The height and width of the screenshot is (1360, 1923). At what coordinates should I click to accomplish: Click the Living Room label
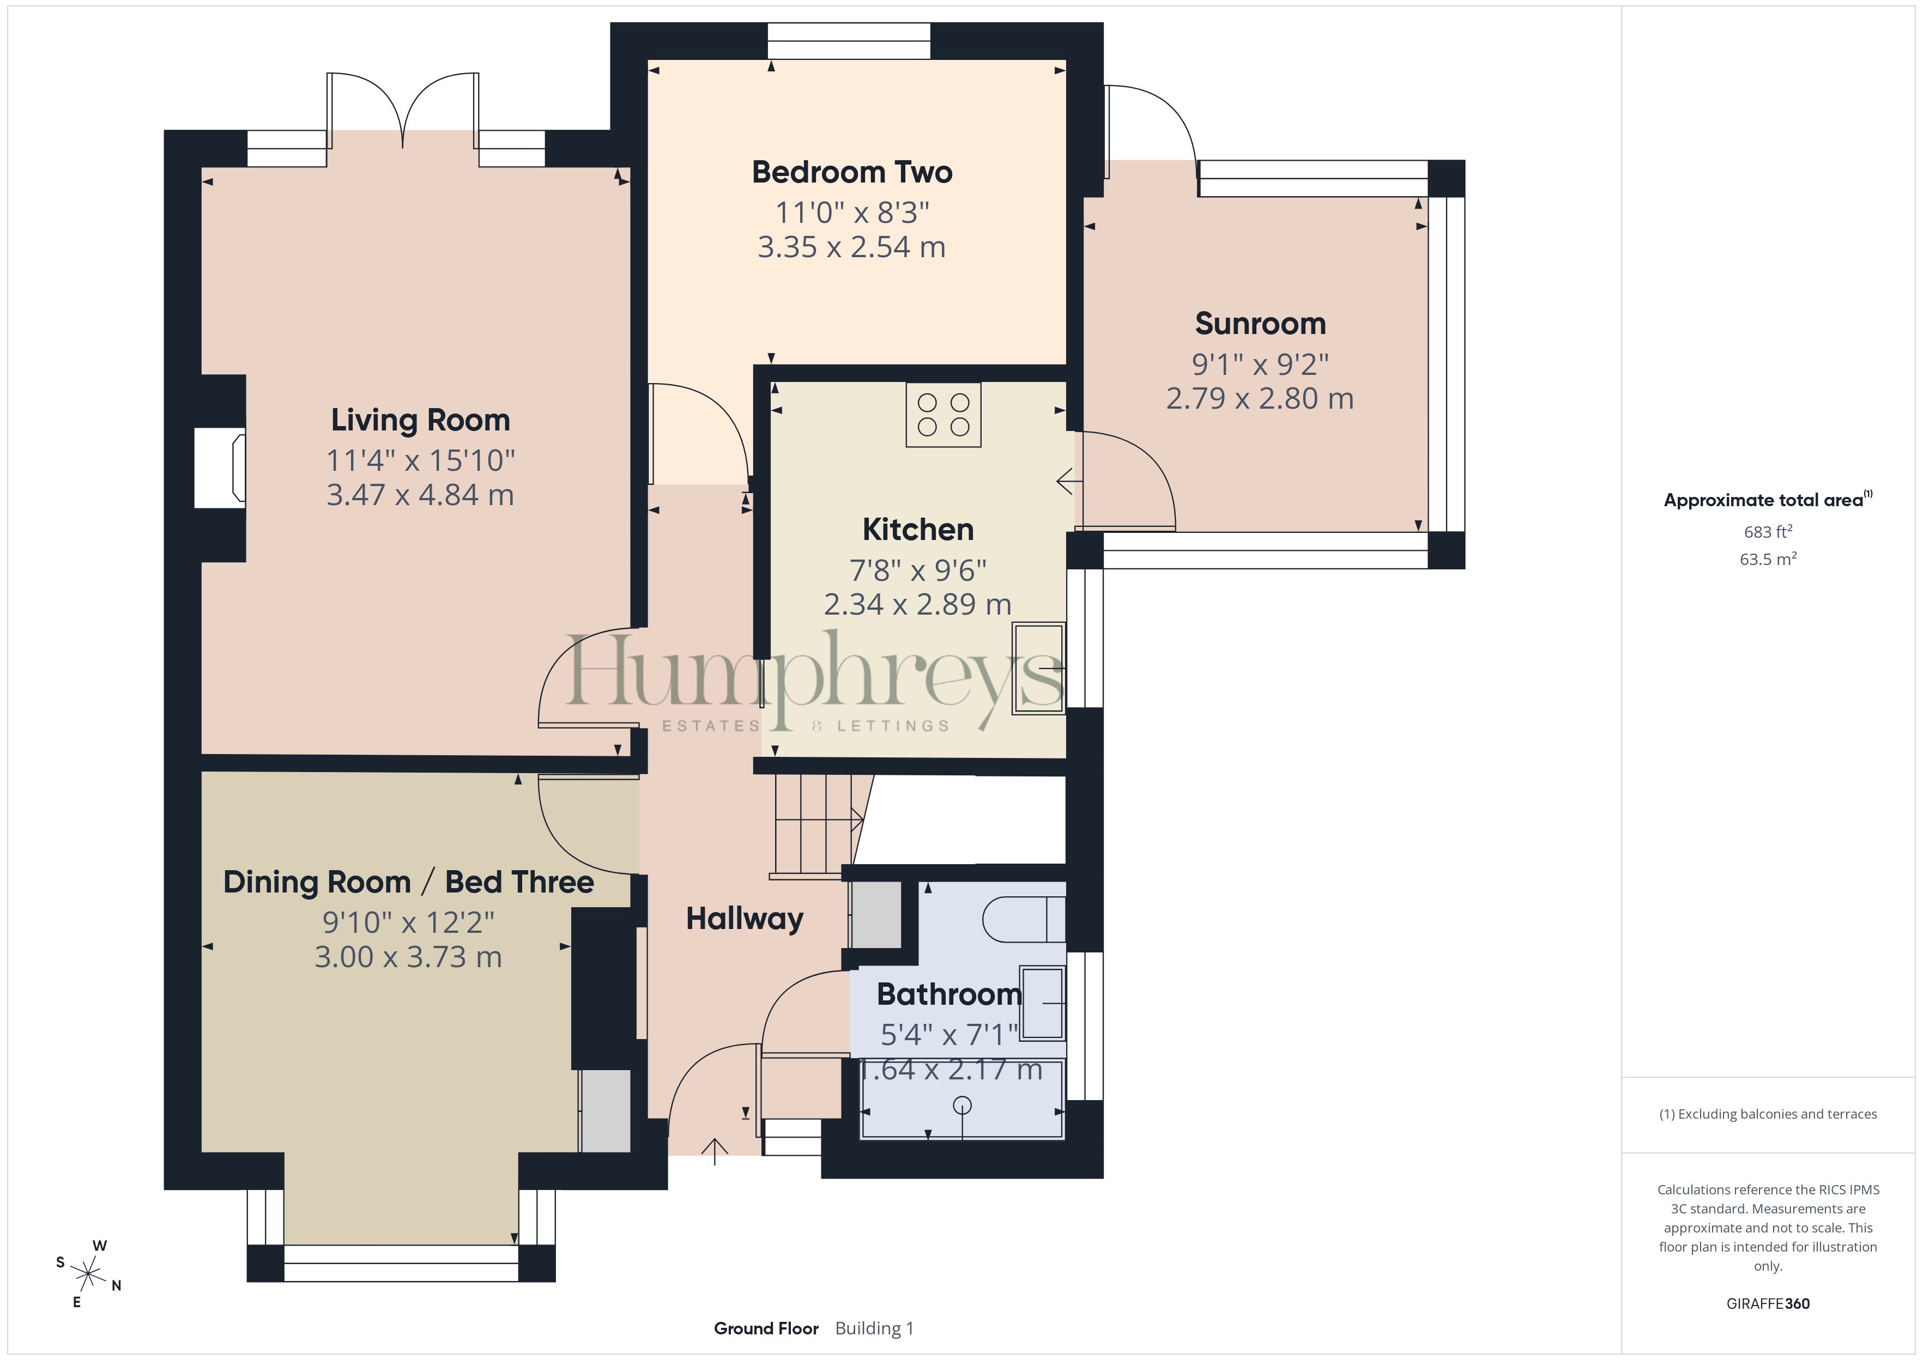(x=420, y=420)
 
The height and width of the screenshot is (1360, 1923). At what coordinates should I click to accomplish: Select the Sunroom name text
(x=1261, y=323)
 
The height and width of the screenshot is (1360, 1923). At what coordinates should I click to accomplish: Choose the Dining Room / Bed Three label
(x=409, y=882)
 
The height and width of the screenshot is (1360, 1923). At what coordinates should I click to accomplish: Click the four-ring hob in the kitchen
(x=943, y=415)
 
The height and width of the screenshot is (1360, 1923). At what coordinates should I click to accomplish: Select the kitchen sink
(x=1038, y=668)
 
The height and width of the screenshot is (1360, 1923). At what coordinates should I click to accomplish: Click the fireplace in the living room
(x=220, y=468)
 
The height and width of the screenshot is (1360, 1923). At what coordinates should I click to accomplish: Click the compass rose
(x=88, y=1274)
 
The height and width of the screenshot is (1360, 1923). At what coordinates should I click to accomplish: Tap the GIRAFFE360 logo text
(x=1768, y=1304)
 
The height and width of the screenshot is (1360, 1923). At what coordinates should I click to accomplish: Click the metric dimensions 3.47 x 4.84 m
(x=420, y=495)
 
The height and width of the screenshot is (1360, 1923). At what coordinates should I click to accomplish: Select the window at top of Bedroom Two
(x=849, y=41)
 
